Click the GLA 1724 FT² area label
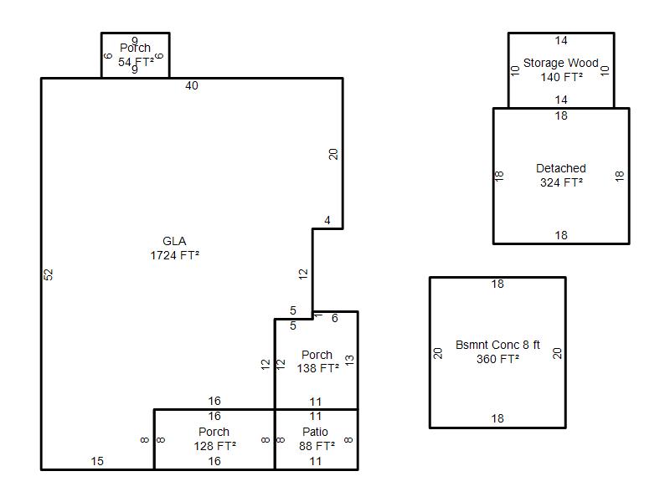point(174,248)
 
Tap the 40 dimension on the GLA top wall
point(192,85)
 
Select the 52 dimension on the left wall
point(49,274)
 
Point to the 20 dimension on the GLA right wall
point(333,154)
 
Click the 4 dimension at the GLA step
point(327,221)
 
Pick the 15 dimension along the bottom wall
point(97,461)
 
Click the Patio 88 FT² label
point(316,438)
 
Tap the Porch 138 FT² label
point(317,361)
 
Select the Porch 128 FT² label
point(214,438)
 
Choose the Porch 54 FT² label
point(135,55)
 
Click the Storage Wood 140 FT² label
point(561,69)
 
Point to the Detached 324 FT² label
point(561,175)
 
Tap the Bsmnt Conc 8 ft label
point(497,345)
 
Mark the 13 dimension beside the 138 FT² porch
point(349,360)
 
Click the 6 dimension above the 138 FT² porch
point(334,318)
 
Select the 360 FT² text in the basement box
point(497,359)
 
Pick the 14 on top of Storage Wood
point(561,40)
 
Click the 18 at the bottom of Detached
point(561,235)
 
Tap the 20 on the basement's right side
point(558,353)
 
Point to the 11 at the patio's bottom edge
point(316,461)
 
